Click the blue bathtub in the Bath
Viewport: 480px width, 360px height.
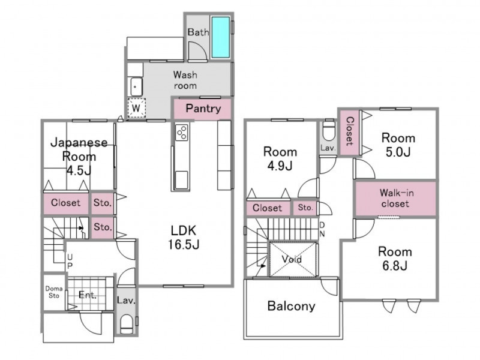coord(220,37)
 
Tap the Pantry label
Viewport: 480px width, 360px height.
coord(203,109)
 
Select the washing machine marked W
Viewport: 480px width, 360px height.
coord(136,108)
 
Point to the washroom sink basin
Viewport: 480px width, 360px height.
coord(136,86)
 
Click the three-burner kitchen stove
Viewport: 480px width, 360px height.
coord(182,132)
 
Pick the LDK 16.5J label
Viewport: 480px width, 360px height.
coord(184,237)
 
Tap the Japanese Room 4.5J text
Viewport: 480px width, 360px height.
coord(79,156)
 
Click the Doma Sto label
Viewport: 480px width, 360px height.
coord(54,292)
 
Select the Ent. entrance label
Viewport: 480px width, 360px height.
coord(88,295)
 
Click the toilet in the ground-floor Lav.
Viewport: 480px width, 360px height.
coord(126,325)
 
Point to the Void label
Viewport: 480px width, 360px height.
coord(292,259)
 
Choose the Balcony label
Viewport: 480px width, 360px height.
coord(291,306)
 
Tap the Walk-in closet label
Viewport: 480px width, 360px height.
coord(395,198)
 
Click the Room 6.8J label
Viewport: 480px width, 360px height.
coord(395,259)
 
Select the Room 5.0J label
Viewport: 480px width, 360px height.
coord(398,145)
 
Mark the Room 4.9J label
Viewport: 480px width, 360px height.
coord(280,158)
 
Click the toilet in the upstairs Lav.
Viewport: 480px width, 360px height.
coord(329,130)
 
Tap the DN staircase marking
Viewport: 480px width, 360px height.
coord(322,229)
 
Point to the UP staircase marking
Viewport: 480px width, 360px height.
coord(70,261)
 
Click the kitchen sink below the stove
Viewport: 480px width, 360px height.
coord(182,180)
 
